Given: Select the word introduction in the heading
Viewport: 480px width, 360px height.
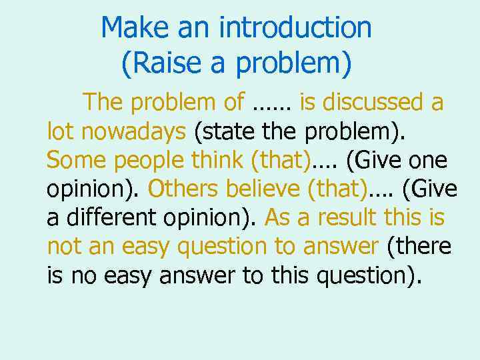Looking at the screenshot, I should (x=295, y=28).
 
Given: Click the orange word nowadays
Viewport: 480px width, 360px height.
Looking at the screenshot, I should (x=133, y=131).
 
